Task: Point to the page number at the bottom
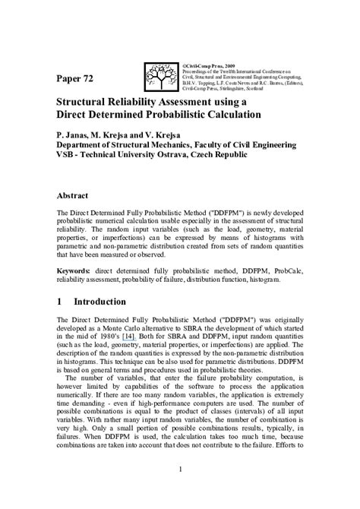tap(179, 490)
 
